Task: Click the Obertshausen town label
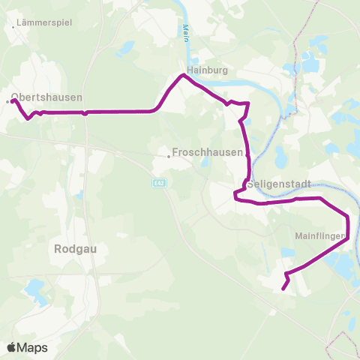click(47, 97)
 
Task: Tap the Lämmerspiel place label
click(45, 23)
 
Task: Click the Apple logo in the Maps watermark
click(12, 347)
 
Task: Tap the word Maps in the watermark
click(33, 348)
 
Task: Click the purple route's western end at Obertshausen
click(13, 100)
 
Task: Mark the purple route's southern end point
click(283, 288)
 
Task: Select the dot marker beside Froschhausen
click(169, 157)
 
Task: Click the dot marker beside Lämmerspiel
click(14, 28)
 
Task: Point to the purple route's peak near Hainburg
click(181, 75)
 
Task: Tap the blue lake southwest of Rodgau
click(34, 287)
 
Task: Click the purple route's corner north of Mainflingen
click(348, 216)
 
